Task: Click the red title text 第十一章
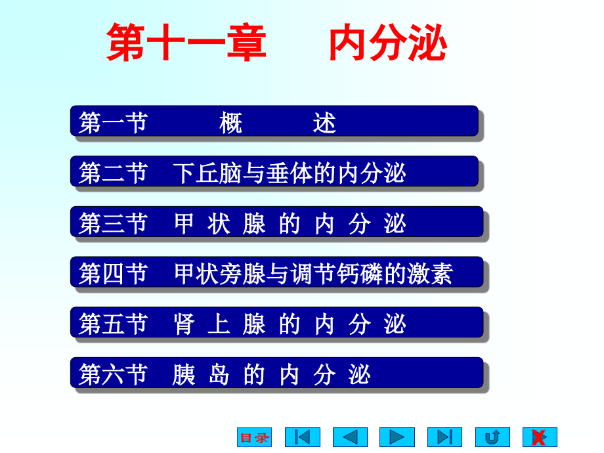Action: tap(186, 43)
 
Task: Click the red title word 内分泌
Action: tap(387, 43)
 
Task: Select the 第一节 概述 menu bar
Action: tap(274, 121)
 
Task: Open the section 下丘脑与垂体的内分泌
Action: tap(274, 172)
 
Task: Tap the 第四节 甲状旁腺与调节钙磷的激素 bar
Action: tap(276, 272)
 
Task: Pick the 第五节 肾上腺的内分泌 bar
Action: tap(276, 322)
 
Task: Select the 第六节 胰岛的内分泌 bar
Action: tap(276, 373)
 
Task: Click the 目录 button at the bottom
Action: tap(254, 437)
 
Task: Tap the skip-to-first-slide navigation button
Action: tap(302, 437)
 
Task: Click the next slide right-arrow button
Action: tap(397, 437)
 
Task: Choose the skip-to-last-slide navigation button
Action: tap(444, 437)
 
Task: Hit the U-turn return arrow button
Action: tap(492, 437)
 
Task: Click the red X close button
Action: tap(540, 437)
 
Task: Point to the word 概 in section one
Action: tap(231, 123)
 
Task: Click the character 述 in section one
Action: tap(325, 123)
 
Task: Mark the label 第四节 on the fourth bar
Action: tap(113, 273)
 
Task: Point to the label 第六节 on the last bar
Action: tap(113, 374)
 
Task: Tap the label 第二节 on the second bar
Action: tap(113, 173)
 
